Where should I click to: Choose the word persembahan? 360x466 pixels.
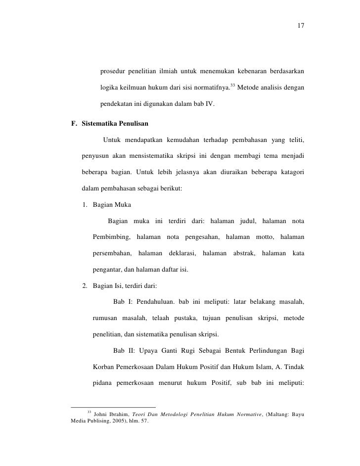point(112,254)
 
